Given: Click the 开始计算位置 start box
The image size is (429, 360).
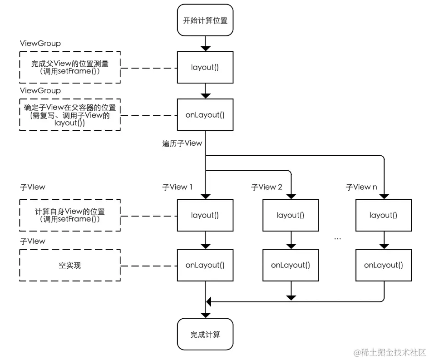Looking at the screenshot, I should (x=205, y=20).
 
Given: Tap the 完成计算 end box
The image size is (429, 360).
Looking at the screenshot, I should (x=205, y=335).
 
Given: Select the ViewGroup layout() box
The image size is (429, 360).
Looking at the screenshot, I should (x=205, y=67).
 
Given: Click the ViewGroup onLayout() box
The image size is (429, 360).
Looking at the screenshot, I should (x=205, y=115).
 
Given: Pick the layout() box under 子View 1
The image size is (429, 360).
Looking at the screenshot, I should (x=205, y=215).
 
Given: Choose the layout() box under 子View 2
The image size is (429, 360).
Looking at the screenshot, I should (x=291, y=215).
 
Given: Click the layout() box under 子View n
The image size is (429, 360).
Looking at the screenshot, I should (x=384, y=215).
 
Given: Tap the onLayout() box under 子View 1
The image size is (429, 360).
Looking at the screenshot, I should (x=205, y=265).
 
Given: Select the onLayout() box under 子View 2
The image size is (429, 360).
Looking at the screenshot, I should (x=291, y=265).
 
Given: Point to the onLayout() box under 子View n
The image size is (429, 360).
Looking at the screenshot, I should (x=384, y=265).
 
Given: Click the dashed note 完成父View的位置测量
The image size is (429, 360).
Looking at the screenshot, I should (x=70, y=67).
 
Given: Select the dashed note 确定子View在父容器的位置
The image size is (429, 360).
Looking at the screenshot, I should (x=70, y=115).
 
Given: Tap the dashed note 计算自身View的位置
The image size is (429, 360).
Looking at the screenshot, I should (x=70, y=215).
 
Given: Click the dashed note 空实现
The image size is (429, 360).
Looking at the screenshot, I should (x=70, y=265).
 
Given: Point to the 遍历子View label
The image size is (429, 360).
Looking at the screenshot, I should (x=182, y=143).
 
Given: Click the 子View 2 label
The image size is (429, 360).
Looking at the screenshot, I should (x=266, y=187).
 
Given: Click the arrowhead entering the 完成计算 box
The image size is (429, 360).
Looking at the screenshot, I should (x=205, y=315).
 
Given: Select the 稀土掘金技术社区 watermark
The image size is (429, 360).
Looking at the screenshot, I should (x=390, y=352).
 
